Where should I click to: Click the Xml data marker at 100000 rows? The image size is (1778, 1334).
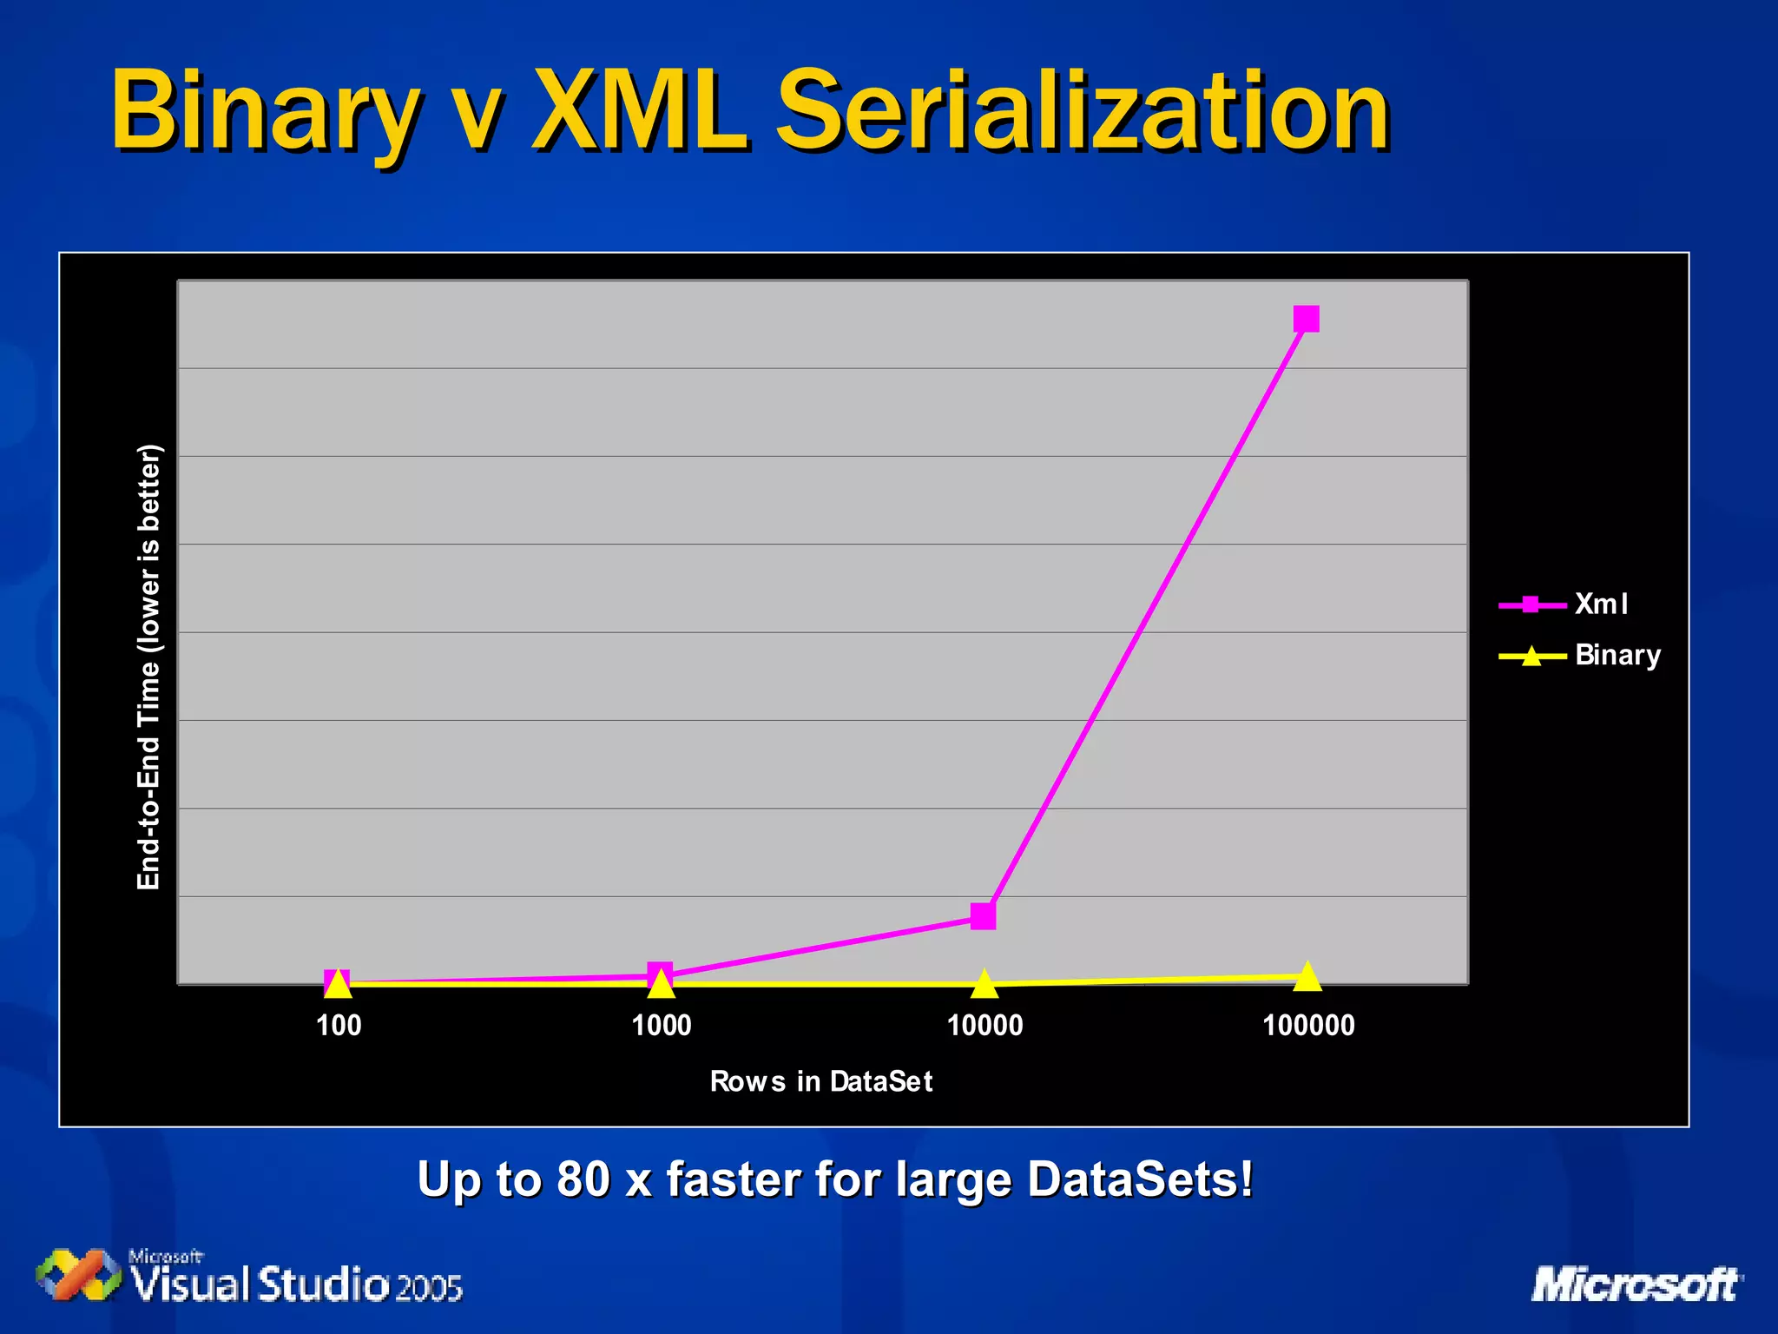click(1306, 319)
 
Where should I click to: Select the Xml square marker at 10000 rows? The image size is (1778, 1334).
click(983, 915)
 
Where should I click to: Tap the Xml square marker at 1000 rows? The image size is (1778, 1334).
click(660, 974)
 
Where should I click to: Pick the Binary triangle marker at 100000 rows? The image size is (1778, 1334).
click(1307, 977)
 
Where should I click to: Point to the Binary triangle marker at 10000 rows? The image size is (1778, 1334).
click(984, 984)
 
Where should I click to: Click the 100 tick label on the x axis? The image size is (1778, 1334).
click(338, 1026)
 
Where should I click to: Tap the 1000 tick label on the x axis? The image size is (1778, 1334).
click(661, 1026)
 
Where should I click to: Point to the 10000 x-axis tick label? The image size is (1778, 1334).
click(984, 1026)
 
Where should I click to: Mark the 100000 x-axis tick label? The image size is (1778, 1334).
click(1307, 1026)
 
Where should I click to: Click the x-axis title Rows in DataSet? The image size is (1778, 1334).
click(820, 1081)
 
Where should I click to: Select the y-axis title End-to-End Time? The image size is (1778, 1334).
click(149, 667)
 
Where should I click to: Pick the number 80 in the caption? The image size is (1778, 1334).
click(583, 1179)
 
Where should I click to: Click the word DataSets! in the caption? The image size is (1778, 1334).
click(1140, 1179)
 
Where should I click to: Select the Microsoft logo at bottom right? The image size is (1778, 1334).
click(1636, 1284)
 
